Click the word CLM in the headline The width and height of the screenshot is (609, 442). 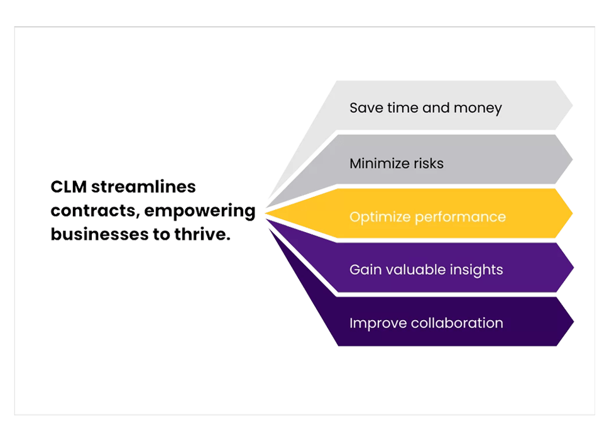click(x=69, y=187)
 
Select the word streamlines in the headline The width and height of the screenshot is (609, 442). click(x=143, y=187)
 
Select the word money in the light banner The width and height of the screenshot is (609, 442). click(x=478, y=108)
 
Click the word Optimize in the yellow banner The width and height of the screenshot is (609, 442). click(x=380, y=217)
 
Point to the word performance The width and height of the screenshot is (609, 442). click(x=461, y=218)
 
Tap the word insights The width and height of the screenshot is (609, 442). click(x=476, y=270)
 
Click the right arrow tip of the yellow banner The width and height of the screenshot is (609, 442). click(x=573, y=213)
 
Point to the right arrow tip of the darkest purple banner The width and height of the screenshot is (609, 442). click(x=574, y=321)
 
